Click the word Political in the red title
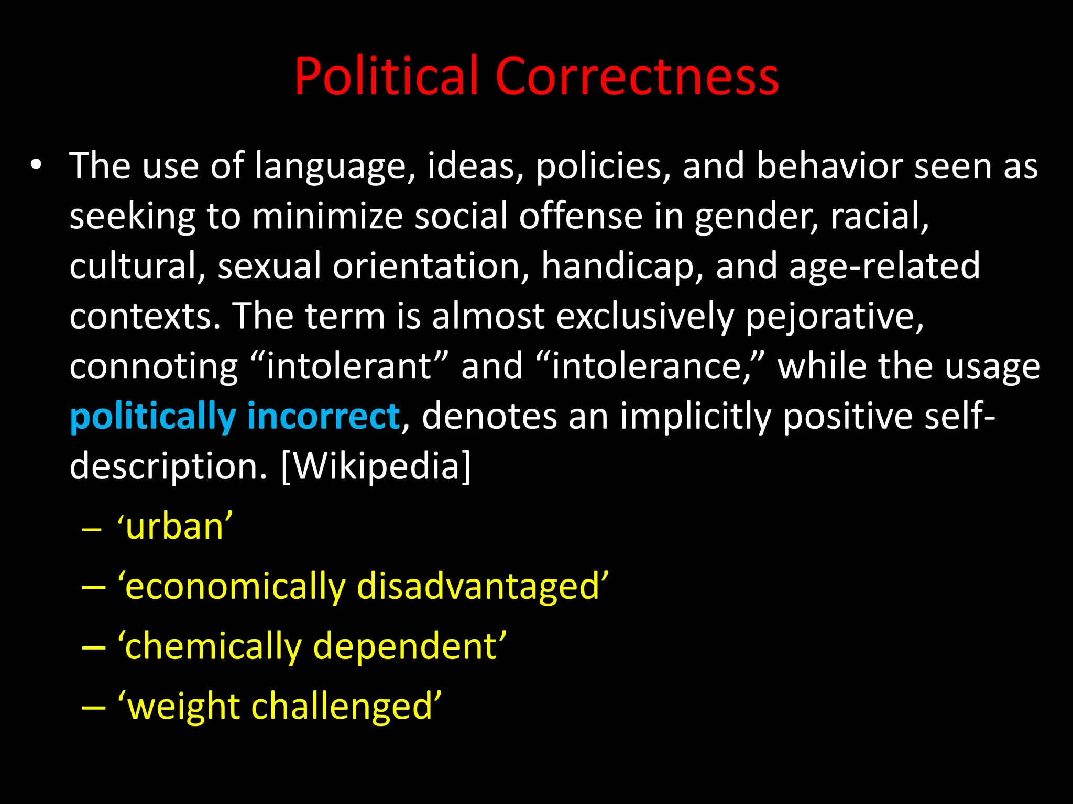point(387,76)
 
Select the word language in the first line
point(331,166)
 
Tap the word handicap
point(622,266)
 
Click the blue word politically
point(152,417)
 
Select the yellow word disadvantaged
point(483,586)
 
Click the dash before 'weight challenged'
point(94,707)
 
